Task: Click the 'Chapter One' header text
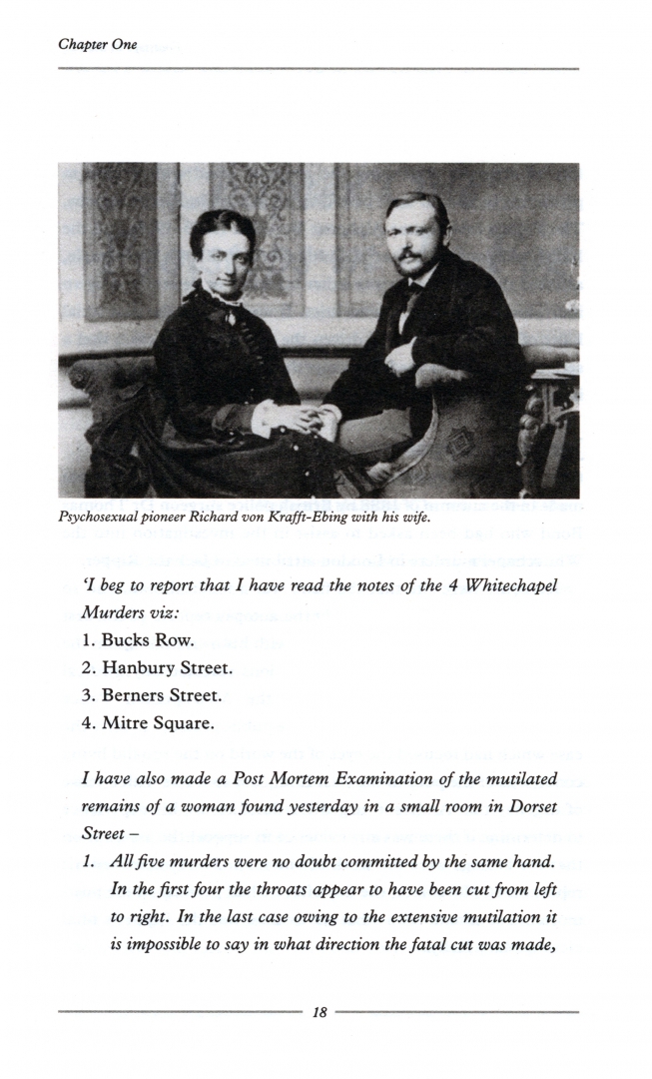[98, 45]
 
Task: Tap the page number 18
[320, 1012]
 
